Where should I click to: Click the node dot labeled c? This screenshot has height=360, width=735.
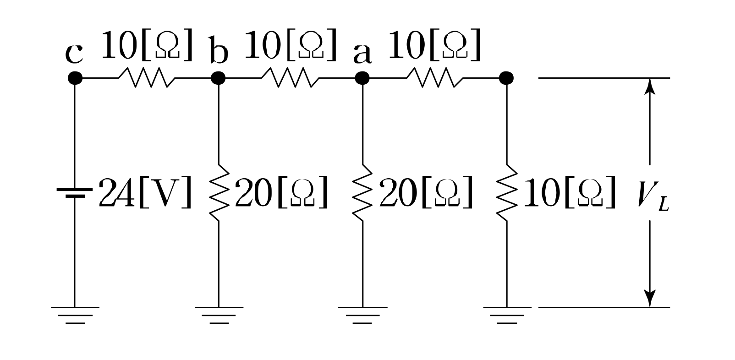pos(75,78)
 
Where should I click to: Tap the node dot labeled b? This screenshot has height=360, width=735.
pos(219,78)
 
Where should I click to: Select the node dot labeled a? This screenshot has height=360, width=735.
pos(362,78)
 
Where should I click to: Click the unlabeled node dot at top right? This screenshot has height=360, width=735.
pos(506,78)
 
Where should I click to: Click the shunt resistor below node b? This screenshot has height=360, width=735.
pos(219,192)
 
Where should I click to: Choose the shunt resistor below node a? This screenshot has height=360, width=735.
pos(362,192)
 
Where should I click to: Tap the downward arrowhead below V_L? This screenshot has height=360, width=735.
pos(650,299)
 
